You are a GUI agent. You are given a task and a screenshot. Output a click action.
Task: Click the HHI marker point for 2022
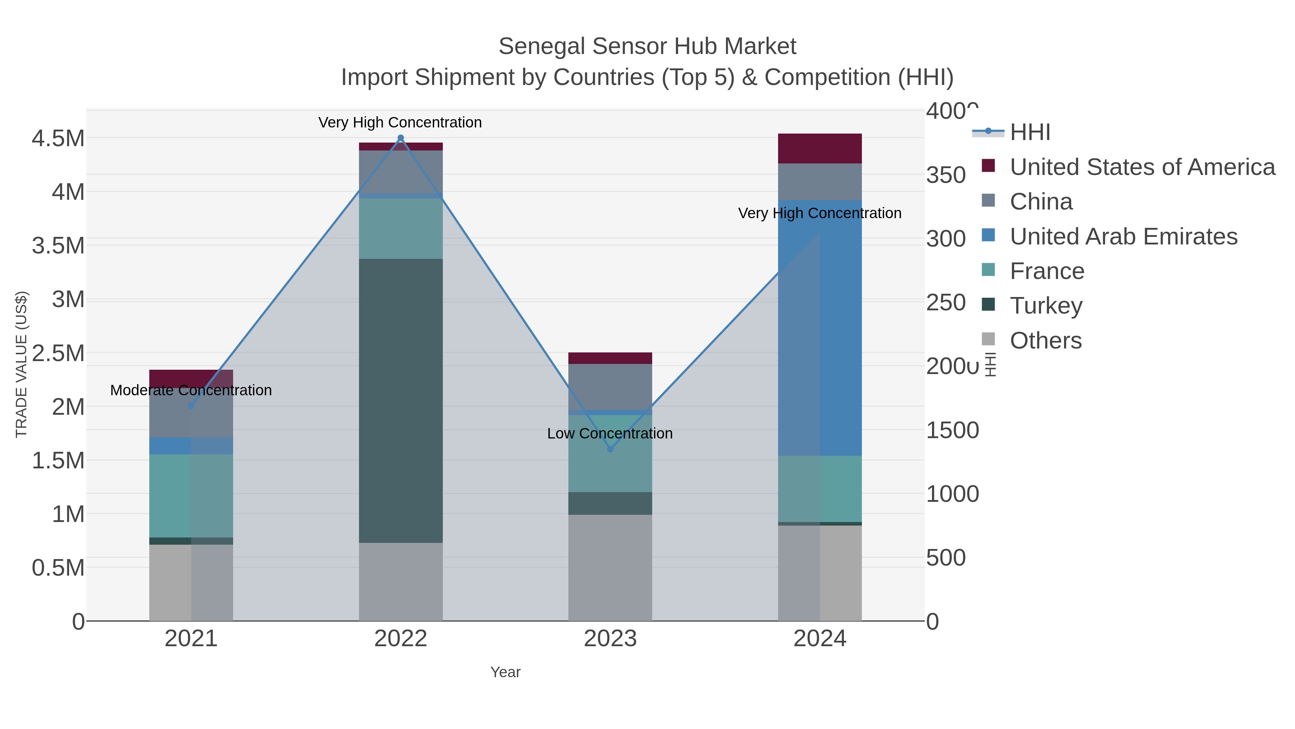401,138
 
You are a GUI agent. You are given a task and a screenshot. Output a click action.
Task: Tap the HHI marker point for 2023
610,449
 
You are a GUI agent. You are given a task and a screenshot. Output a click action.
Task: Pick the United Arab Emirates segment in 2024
820,327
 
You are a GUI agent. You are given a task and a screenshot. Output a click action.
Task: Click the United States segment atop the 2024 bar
820,148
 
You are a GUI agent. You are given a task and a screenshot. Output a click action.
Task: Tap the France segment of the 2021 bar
191,496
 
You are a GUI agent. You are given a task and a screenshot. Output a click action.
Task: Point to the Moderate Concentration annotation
191,390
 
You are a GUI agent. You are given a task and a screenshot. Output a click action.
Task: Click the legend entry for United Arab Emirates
1123,237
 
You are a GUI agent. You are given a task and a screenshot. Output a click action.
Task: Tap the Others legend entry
1046,341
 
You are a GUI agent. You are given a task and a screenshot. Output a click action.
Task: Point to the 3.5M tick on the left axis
58,246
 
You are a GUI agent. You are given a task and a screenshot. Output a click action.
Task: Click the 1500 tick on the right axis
952,430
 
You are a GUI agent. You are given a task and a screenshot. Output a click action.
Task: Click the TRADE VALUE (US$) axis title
21,364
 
